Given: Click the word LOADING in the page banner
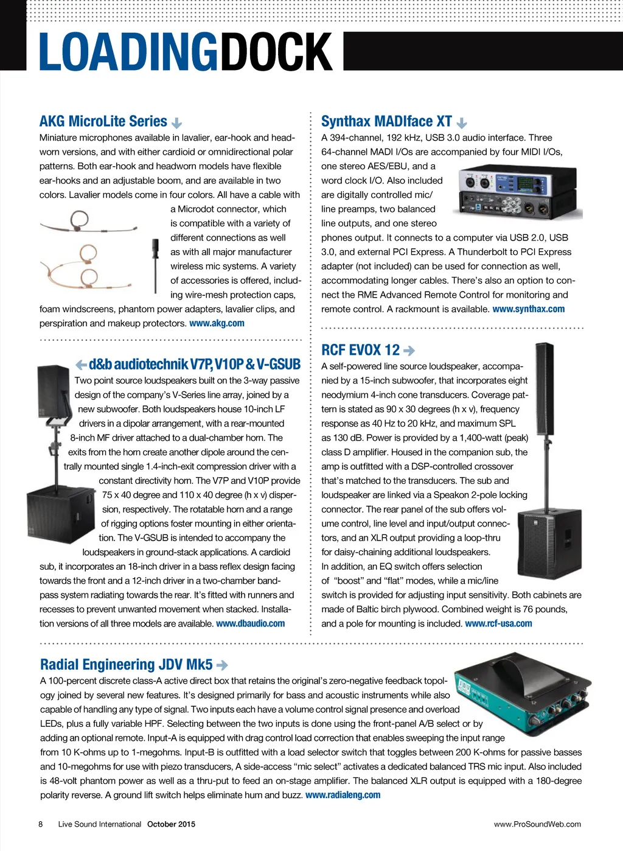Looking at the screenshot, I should tap(128, 52).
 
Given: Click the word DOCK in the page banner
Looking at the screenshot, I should tap(277, 52).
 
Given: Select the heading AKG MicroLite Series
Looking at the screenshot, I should tap(103, 121).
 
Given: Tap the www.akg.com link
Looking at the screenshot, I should tap(217, 323).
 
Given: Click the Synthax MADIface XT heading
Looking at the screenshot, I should tap(386, 121).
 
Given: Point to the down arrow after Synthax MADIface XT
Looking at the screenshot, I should tap(462, 123).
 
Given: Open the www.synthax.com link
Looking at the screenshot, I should tap(528, 309).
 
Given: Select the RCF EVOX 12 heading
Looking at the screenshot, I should tap(360, 350).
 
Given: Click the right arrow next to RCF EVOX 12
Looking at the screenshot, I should tap(409, 351).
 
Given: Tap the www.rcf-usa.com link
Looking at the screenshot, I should tap(498, 623).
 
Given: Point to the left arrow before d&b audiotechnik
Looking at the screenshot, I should tap(81, 365).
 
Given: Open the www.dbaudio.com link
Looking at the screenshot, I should tap(250, 623).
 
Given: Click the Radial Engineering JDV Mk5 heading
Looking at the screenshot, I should tap(126, 664).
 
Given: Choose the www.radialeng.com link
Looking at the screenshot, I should tap(343, 795).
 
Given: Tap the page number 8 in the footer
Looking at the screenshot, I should tap(41, 824).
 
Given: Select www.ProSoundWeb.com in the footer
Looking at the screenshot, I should tap(537, 824).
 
